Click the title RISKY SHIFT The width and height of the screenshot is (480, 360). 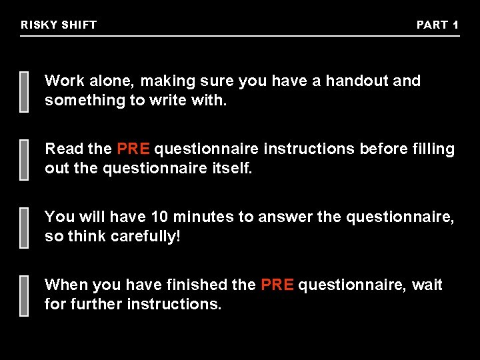(x=59, y=25)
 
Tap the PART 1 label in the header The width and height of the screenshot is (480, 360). (x=437, y=25)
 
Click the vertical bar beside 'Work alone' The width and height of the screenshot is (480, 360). (x=24, y=91)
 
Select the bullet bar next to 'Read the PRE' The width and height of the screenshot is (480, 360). (x=24, y=159)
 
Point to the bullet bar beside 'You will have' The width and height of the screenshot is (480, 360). (x=24, y=227)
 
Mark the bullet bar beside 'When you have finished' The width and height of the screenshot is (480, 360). (x=24, y=295)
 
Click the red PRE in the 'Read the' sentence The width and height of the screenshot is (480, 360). (x=133, y=149)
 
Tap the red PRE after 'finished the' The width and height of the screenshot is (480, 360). (x=277, y=285)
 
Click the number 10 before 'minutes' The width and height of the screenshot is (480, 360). (x=160, y=217)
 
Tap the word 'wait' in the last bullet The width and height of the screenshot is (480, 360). (x=427, y=285)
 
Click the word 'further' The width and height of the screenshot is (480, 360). (x=97, y=305)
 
